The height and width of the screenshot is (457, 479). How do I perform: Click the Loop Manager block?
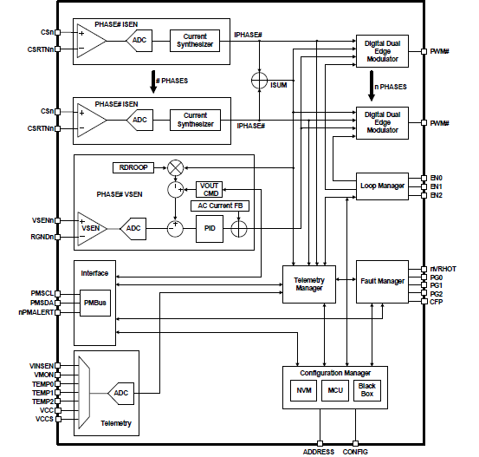click(382, 186)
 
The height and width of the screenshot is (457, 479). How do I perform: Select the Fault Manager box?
click(382, 281)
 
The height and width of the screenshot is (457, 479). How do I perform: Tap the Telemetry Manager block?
click(308, 284)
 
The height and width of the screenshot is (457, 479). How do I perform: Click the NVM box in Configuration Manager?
click(304, 391)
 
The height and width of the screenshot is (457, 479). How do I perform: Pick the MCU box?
click(336, 391)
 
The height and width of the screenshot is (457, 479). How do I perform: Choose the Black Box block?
click(367, 390)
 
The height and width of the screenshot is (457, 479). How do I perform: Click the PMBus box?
click(95, 304)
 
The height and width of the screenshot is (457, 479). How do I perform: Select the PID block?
click(209, 228)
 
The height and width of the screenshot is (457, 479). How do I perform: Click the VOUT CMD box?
click(210, 188)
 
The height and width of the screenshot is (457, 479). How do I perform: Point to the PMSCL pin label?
click(41, 294)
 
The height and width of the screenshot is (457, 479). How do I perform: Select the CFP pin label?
click(437, 302)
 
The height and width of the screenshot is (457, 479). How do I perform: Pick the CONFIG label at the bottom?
click(355, 450)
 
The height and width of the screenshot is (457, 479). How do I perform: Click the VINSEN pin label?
click(40, 367)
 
